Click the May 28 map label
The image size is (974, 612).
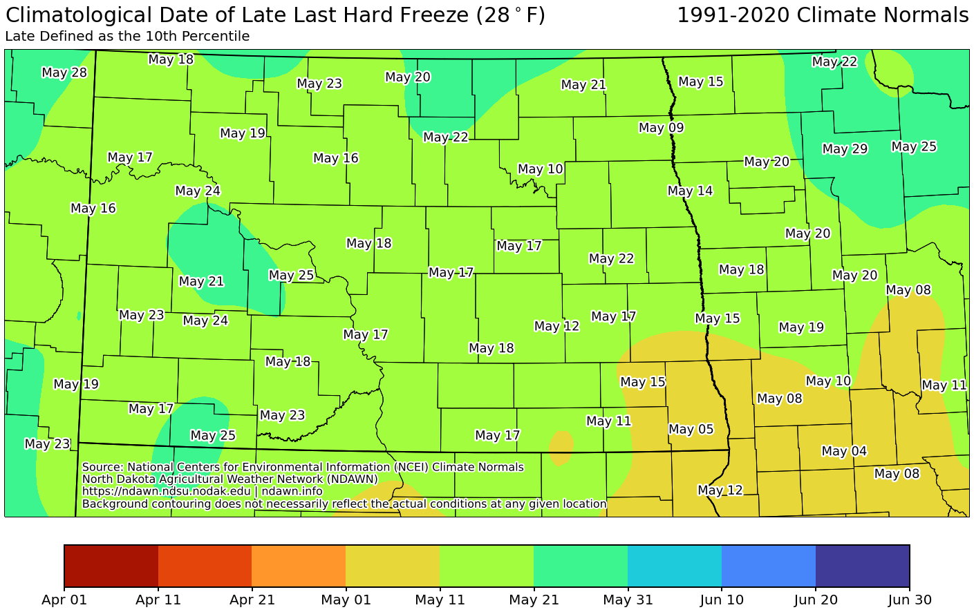pyautogui.click(x=64, y=73)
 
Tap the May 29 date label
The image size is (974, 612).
pyautogui.click(x=845, y=149)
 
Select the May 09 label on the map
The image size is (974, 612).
pyautogui.click(x=662, y=128)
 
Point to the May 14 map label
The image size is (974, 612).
pyautogui.click(x=690, y=191)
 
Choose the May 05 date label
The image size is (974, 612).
pyautogui.click(x=691, y=430)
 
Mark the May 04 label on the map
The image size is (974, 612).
pyautogui.click(x=844, y=452)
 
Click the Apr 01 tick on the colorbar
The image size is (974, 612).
pyautogui.click(x=64, y=600)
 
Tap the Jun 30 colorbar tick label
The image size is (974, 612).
pyautogui.click(x=909, y=600)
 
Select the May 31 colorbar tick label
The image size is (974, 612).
pyautogui.click(x=627, y=600)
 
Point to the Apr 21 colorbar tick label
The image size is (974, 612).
pyautogui.click(x=252, y=600)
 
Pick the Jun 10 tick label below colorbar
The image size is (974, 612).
pyautogui.click(x=722, y=600)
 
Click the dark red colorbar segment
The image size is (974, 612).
pyautogui.click(x=111, y=566)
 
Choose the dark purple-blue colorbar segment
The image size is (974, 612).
pyautogui.click(x=862, y=566)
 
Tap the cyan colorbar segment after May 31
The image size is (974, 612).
pyautogui.click(x=674, y=566)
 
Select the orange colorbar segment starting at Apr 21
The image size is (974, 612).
pyautogui.click(x=299, y=566)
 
